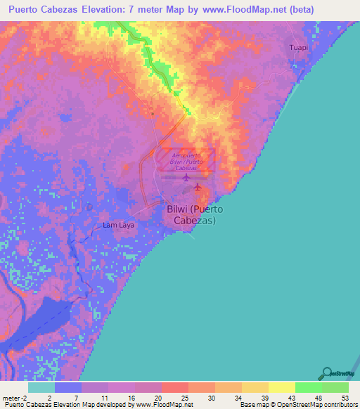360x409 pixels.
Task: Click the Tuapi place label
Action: click(x=299, y=47)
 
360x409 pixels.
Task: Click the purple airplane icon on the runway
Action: click(x=186, y=177)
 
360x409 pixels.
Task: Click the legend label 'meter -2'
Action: click(x=15, y=398)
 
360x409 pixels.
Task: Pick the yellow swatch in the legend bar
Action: click(x=282, y=387)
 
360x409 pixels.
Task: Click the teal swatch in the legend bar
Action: click(x=41, y=387)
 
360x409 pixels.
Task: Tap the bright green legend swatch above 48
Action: click(x=309, y=387)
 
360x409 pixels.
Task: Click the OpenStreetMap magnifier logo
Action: click(x=326, y=373)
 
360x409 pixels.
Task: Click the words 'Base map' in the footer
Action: click(x=252, y=405)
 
